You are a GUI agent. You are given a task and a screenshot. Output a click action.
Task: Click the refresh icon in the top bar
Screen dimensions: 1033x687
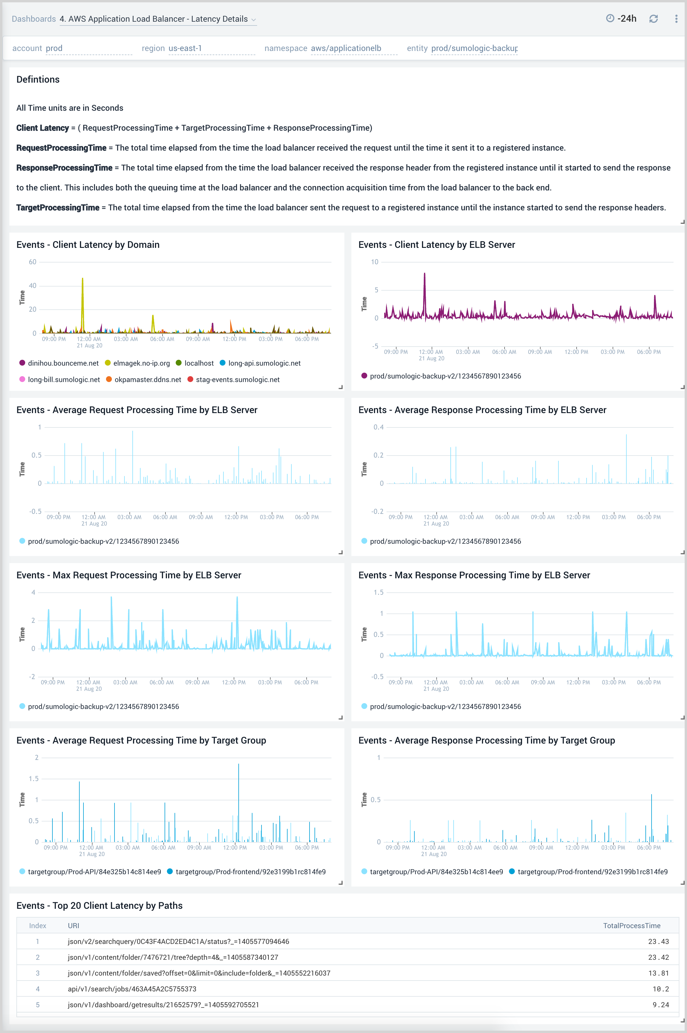point(653,18)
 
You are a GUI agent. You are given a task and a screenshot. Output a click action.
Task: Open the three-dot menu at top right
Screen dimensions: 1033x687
point(676,18)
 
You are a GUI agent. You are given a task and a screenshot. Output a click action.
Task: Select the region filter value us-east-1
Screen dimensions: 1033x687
point(185,48)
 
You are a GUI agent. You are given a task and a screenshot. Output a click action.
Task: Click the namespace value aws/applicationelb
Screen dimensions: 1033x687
point(346,48)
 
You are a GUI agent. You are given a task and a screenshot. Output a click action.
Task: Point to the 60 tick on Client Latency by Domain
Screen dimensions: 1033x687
point(33,262)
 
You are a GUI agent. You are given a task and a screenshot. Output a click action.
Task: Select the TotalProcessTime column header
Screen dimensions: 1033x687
point(631,925)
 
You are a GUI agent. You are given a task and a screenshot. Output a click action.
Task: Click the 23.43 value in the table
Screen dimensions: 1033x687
point(658,941)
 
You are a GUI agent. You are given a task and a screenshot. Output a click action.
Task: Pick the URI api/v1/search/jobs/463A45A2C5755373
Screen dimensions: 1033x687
point(132,989)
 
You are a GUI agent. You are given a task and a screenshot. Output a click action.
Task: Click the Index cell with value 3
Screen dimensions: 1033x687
point(38,973)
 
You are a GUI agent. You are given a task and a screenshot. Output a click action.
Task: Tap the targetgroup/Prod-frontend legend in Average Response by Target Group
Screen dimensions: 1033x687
point(592,872)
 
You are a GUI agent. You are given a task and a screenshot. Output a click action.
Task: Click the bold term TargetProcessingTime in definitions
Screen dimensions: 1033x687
point(58,207)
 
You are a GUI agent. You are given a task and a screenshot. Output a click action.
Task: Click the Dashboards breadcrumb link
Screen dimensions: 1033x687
point(34,19)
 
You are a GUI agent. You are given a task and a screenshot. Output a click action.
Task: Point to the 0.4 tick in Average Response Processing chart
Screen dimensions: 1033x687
point(378,427)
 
